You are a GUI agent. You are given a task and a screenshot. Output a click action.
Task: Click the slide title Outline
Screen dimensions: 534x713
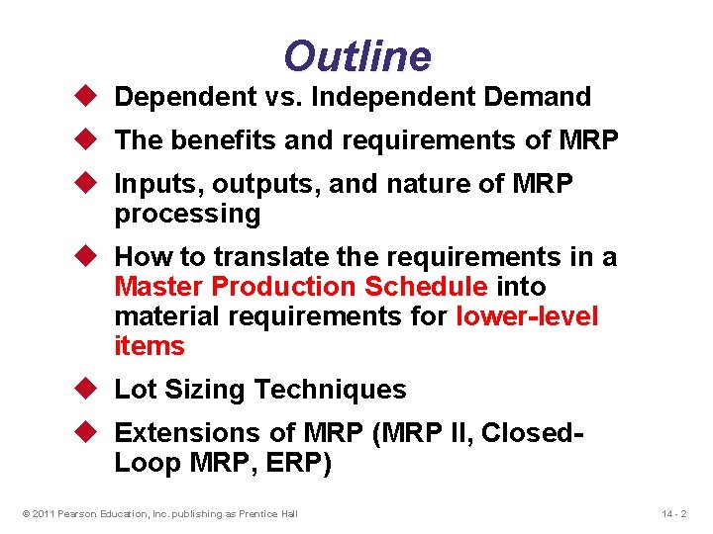(x=357, y=56)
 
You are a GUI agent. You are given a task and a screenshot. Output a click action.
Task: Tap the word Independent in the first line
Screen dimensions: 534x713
(x=404, y=97)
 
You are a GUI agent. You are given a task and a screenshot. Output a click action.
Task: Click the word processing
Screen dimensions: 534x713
(x=187, y=214)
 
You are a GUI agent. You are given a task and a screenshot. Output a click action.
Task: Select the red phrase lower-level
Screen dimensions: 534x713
(x=527, y=316)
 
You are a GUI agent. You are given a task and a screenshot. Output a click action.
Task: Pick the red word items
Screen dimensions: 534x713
(x=150, y=346)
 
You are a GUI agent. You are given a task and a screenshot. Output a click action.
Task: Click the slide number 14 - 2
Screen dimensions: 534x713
(x=673, y=513)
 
